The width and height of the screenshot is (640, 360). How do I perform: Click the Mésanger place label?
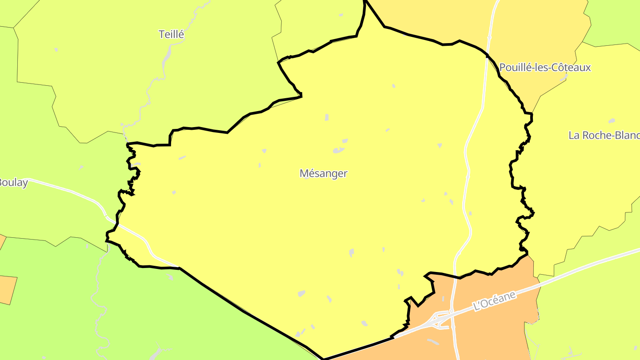pyautogui.click(x=323, y=173)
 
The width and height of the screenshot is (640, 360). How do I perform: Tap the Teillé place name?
pyautogui.click(x=171, y=34)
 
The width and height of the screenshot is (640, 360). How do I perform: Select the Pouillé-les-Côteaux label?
pyautogui.click(x=545, y=68)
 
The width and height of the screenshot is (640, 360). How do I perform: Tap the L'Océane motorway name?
pyautogui.click(x=495, y=301)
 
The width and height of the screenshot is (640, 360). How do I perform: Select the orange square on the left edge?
pyautogui.click(x=8, y=289)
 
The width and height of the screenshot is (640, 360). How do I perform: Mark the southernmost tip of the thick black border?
pyautogui.click(x=324, y=359)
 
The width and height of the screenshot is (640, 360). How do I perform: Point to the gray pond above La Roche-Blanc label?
pyautogui.click(x=612, y=121)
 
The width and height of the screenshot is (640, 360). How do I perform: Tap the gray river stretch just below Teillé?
pyautogui.click(x=167, y=56)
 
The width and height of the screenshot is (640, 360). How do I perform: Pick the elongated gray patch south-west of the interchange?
pyautogui.click(x=432, y=341)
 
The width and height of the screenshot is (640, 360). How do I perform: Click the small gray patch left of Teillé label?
pyautogui.click(x=56, y=49)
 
